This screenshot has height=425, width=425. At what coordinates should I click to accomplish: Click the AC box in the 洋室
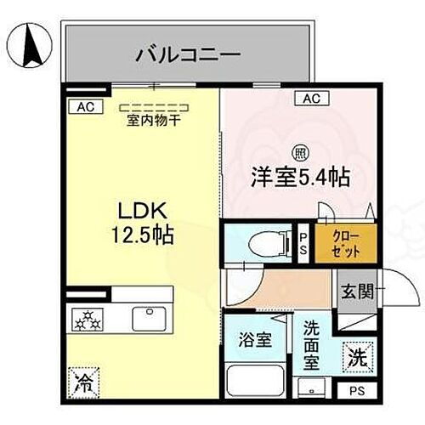pos(312,99)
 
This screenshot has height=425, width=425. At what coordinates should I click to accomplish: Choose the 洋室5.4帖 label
pos(300,178)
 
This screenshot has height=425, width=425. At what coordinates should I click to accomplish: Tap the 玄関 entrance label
pos(354,293)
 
